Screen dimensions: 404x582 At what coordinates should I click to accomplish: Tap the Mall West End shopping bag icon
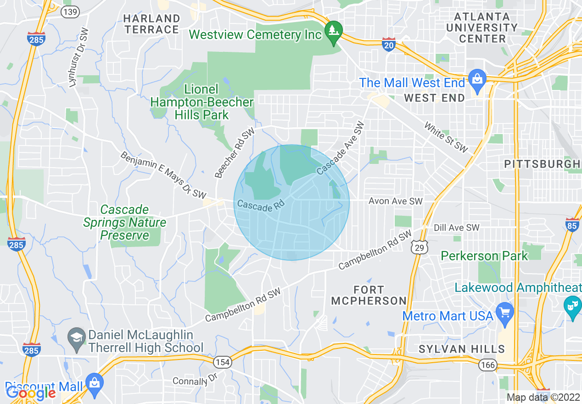click(x=478, y=78)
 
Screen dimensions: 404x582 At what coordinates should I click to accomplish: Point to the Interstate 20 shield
click(x=388, y=45)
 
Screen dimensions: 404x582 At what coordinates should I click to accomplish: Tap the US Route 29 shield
click(x=418, y=247)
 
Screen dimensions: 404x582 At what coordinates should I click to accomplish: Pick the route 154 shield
click(x=222, y=362)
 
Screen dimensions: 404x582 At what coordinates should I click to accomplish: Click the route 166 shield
click(x=487, y=365)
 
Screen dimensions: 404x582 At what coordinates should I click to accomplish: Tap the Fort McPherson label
click(x=369, y=295)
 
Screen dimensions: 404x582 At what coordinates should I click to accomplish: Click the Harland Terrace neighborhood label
click(x=151, y=24)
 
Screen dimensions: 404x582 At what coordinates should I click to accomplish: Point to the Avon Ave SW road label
click(x=396, y=201)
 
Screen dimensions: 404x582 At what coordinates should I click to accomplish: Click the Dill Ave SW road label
click(x=456, y=228)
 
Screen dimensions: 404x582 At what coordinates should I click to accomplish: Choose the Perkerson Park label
click(x=484, y=256)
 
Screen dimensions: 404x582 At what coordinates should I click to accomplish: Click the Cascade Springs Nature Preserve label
click(x=124, y=223)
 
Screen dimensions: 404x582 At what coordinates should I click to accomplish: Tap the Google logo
click(x=31, y=393)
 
